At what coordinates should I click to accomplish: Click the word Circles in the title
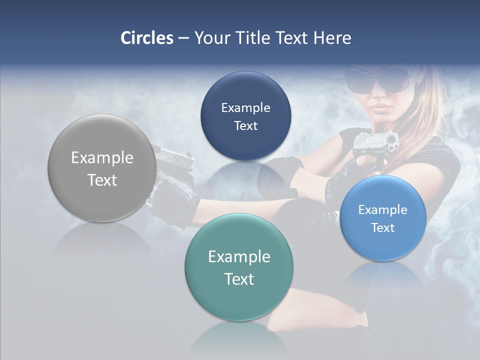click(x=147, y=38)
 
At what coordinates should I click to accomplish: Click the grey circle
click(x=102, y=168)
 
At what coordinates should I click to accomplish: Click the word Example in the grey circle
click(x=102, y=157)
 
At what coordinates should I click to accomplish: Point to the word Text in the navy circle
click(x=245, y=125)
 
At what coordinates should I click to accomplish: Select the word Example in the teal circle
click(x=239, y=256)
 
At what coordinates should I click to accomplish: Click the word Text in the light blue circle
click(x=383, y=227)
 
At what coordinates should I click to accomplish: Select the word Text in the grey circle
click(x=102, y=180)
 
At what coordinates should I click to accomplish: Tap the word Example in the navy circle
click(x=245, y=107)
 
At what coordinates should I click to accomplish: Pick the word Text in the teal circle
click(x=239, y=278)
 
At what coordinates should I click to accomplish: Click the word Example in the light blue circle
click(x=383, y=209)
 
